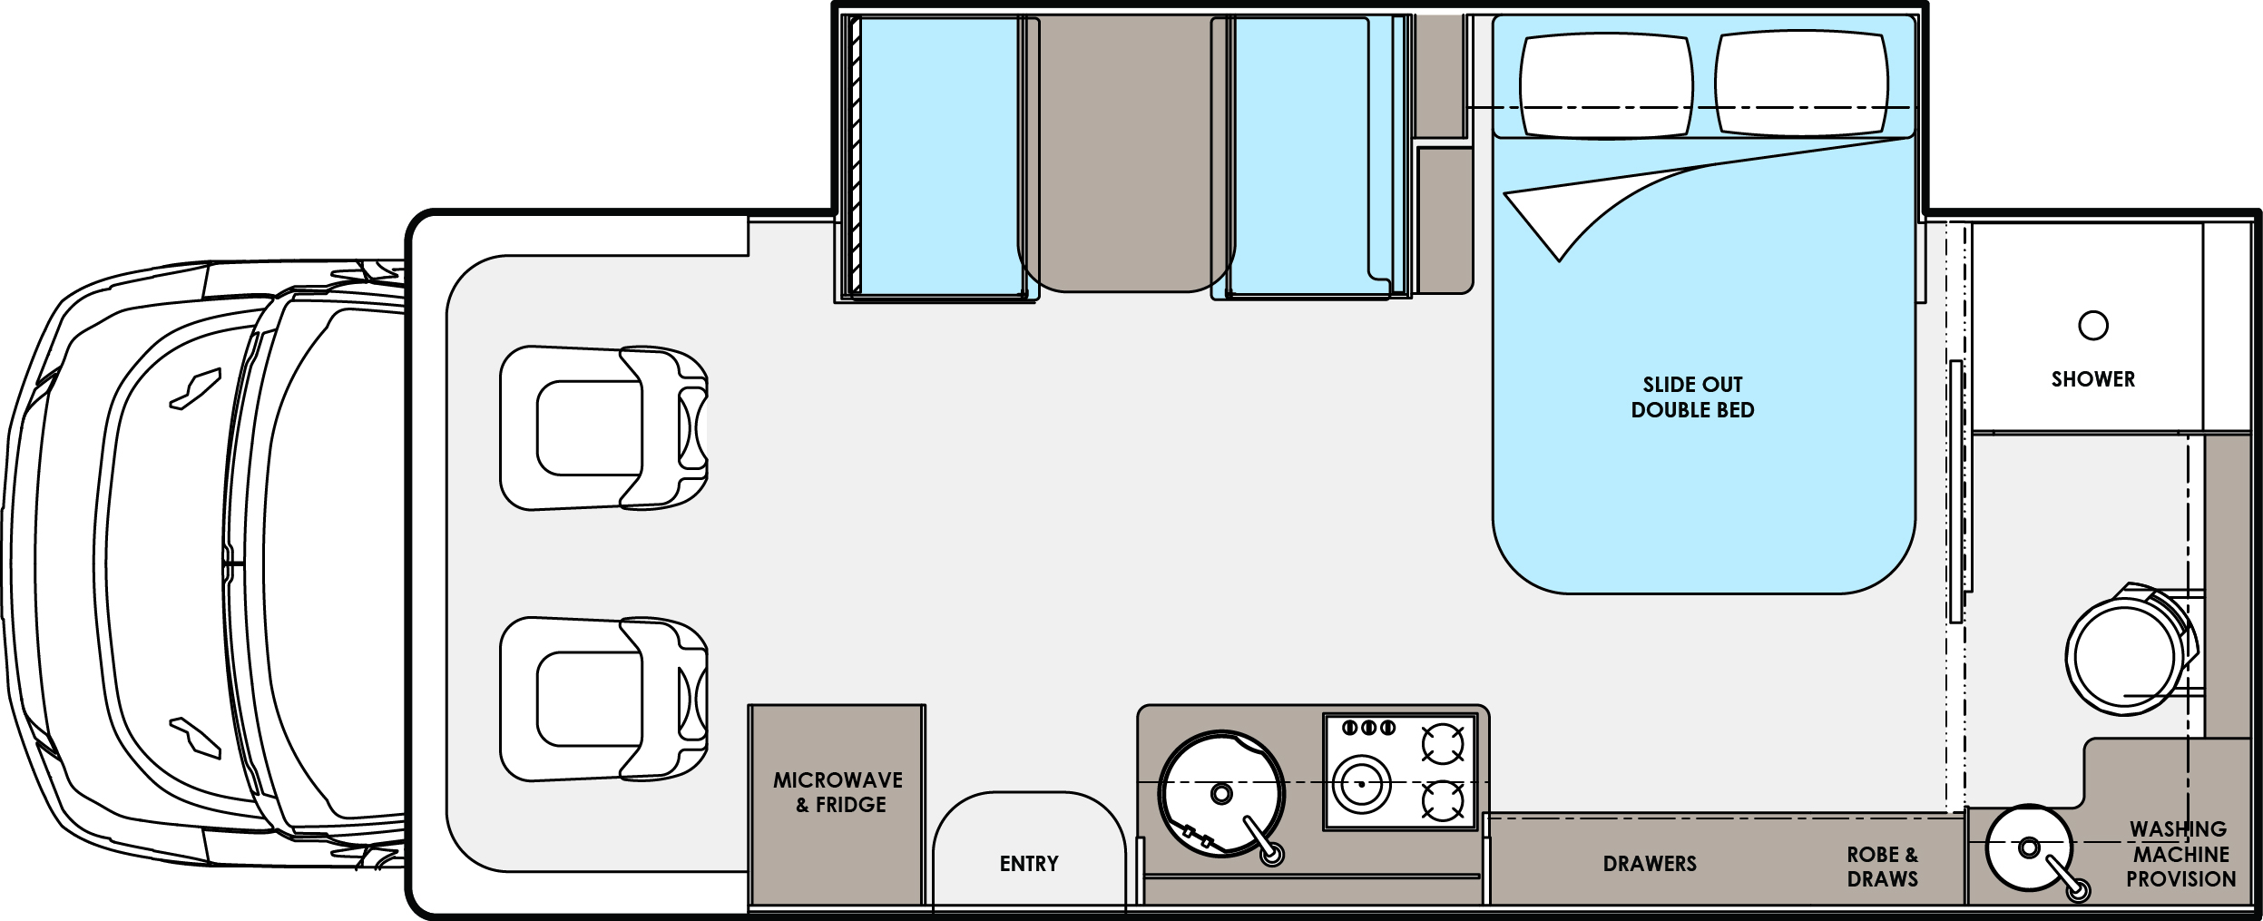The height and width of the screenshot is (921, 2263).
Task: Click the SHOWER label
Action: [x=2092, y=379]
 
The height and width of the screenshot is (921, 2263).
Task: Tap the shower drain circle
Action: [x=2092, y=325]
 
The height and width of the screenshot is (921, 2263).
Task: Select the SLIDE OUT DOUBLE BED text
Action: [x=1692, y=397]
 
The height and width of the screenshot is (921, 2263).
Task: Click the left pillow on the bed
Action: [x=1605, y=85]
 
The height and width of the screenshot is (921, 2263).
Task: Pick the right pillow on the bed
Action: [x=1801, y=84]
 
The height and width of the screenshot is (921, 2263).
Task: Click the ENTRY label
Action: [x=1029, y=864]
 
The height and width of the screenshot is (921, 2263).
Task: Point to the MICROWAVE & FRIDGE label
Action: [x=838, y=792]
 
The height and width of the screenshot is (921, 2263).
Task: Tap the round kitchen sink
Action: [x=1220, y=794]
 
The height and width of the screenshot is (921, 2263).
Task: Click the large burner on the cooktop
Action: [x=1361, y=784]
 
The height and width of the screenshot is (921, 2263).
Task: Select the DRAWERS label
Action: [x=1650, y=864]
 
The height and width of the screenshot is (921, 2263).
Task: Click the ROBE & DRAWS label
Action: [x=1883, y=867]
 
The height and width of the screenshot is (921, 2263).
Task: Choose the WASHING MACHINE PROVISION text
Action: [x=2180, y=854]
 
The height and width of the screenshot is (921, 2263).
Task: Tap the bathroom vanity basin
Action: [x=2029, y=848]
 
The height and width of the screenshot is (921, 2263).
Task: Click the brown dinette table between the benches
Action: [x=1125, y=154]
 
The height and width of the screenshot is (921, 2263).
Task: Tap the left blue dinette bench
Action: [x=939, y=156]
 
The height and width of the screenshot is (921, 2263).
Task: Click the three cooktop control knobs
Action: [x=1368, y=728]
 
